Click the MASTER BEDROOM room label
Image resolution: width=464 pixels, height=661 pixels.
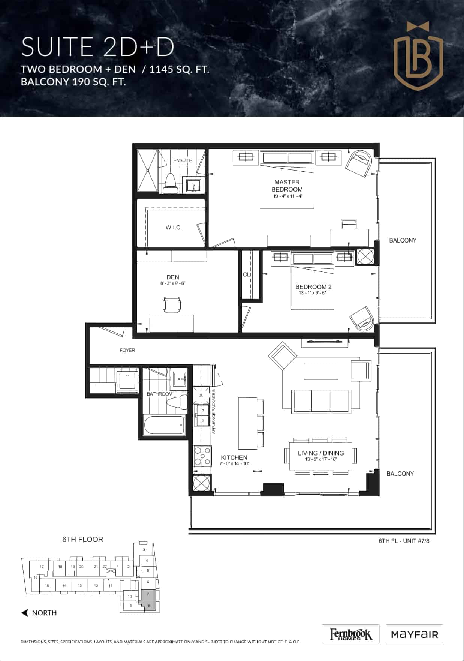click(287, 186)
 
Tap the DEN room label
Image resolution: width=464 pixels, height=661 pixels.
click(173, 277)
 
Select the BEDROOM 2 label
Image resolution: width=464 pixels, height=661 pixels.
click(313, 287)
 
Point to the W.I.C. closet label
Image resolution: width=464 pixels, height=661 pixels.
click(174, 227)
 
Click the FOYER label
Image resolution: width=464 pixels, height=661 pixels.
click(127, 350)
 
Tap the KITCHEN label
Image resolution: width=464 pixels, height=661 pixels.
click(234, 457)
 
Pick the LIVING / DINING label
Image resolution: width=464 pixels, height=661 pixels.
click(321, 453)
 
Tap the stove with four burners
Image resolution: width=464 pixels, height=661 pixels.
click(202, 456)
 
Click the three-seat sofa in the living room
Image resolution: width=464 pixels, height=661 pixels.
click(321, 401)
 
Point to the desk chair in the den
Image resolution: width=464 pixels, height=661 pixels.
click(172, 305)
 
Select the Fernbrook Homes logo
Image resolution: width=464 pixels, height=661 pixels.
click(351, 634)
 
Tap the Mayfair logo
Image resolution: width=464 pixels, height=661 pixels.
click(414, 634)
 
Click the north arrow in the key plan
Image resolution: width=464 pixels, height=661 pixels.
click(25, 613)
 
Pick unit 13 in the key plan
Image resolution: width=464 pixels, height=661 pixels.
click(80, 585)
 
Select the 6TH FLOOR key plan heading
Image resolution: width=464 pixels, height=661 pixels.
click(82, 539)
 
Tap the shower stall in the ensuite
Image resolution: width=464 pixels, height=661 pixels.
click(148, 171)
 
